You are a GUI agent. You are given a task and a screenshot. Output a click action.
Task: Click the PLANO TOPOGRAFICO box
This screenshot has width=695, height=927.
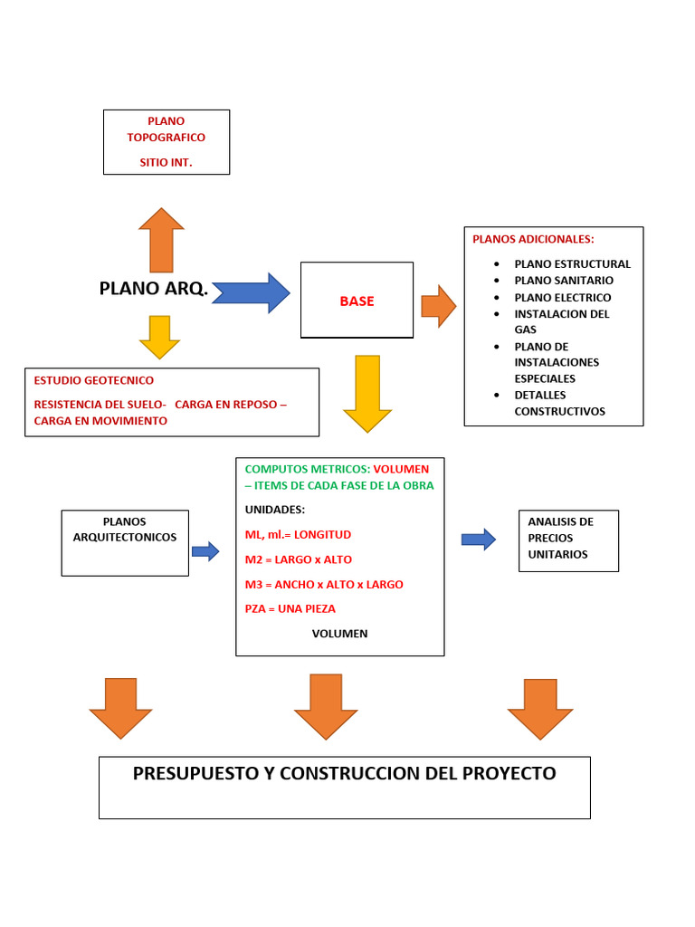pos(167,142)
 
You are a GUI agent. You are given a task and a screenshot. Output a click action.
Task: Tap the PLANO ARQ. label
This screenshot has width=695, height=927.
pos(153,290)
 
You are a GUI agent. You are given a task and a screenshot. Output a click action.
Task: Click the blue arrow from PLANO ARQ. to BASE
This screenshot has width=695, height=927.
pos(252,293)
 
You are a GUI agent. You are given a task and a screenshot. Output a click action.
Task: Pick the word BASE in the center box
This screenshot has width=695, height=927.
pos(357,301)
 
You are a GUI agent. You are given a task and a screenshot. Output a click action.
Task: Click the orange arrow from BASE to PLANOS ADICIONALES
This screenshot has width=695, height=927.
pos(439,306)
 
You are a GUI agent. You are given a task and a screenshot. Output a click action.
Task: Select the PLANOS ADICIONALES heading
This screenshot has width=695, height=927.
pos(533,239)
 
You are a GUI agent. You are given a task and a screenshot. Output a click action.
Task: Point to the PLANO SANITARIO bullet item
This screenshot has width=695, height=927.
pos(563,281)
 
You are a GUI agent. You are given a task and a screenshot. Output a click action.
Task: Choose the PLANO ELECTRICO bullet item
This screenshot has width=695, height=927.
pos(562,297)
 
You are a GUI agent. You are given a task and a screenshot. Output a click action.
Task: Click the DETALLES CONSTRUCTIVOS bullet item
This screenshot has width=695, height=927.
pos(559,403)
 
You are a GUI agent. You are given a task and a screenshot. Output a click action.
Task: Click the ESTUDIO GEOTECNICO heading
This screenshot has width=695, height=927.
pos(94,380)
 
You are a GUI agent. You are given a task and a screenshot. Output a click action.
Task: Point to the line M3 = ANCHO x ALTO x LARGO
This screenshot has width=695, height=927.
pos(324,584)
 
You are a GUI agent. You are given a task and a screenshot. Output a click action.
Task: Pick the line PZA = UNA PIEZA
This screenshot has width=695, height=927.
pos(290,608)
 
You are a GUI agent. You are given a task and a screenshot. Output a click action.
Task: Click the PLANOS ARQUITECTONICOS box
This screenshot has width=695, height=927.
pos(125,542)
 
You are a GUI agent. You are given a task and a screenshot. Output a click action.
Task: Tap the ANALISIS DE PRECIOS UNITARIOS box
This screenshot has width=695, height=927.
pos(568,540)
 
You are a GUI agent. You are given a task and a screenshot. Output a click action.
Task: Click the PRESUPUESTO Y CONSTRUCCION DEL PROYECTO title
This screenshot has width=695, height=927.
pos(344,774)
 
